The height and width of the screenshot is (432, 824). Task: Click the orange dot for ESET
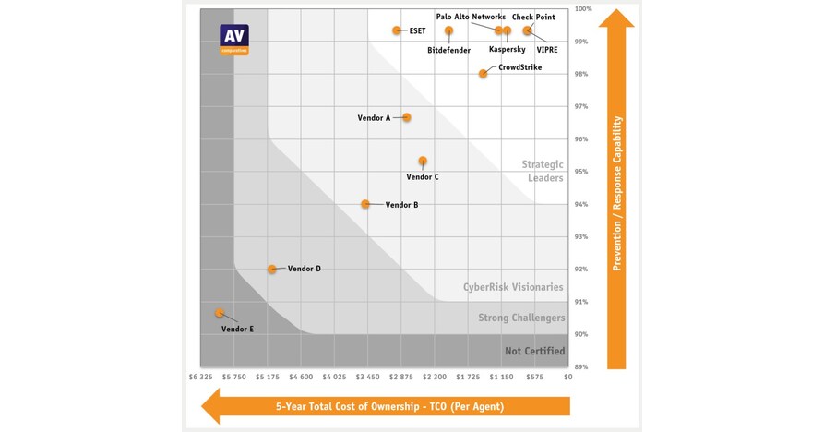(x=397, y=30)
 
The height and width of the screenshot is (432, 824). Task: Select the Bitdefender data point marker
(x=449, y=30)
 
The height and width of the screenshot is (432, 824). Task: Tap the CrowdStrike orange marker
(x=483, y=74)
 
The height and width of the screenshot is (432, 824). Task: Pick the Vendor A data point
(x=406, y=117)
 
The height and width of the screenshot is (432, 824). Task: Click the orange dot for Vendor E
(x=220, y=313)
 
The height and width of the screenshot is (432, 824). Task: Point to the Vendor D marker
(x=272, y=270)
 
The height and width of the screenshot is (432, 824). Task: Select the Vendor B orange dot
(x=366, y=204)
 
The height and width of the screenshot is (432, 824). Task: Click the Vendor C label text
(x=423, y=176)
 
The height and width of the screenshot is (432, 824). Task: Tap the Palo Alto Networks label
(x=471, y=17)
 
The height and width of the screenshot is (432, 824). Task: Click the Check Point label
(x=533, y=17)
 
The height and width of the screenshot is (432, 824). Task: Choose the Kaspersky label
(x=507, y=49)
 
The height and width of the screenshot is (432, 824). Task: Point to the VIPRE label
(x=548, y=49)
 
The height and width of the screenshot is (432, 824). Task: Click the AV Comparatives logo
(x=233, y=40)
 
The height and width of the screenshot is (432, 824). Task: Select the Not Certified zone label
(x=534, y=351)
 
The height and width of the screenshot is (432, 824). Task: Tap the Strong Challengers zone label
(x=521, y=318)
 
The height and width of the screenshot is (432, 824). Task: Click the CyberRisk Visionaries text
(x=513, y=287)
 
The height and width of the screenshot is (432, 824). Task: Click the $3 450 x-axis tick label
(x=367, y=377)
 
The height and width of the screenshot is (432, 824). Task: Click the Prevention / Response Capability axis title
(x=617, y=194)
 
